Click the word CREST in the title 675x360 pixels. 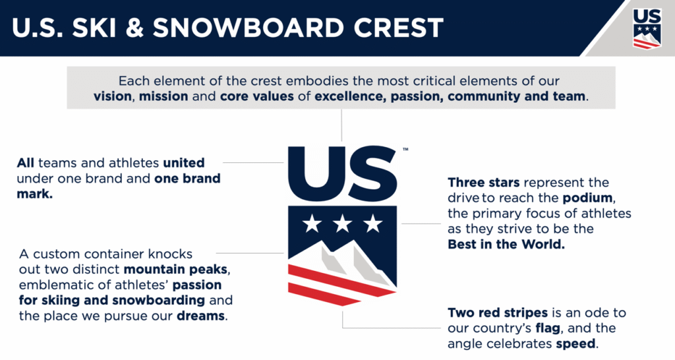pos(398,28)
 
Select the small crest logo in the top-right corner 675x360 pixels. pos(647,28)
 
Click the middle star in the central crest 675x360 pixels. pos(342,224)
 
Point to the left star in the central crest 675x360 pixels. pos(312,224)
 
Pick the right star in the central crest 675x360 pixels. pos(373,224)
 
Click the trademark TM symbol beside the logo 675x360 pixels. pos(405,150)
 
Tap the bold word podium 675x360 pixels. pos(587,198)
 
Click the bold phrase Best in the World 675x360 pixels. pos(506,244)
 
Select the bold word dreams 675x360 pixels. pos(200,316)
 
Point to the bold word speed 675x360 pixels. pos(575,344)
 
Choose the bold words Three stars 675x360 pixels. pos(483,183)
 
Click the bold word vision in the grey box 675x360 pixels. pos(113,96)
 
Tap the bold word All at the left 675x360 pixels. pos(26,163)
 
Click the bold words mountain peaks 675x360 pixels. pos(175,270)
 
